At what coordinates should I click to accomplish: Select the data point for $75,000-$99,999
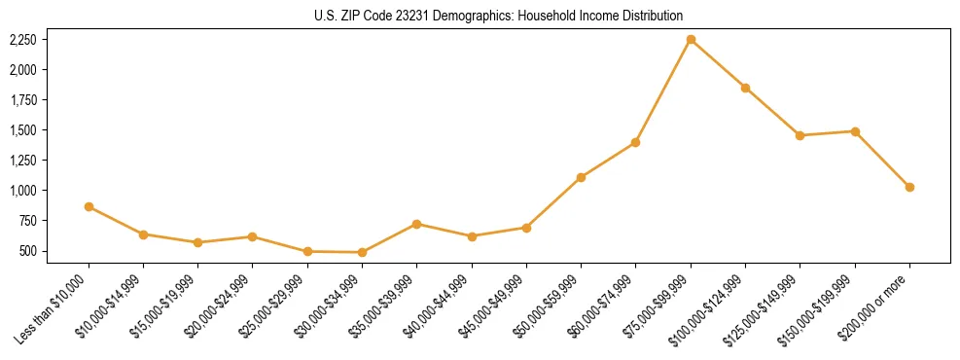[x=691, y=40]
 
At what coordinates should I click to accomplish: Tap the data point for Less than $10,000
[x=89, y=206]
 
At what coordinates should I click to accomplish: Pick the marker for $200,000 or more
[x=909, y=187]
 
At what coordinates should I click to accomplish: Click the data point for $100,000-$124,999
[x=745, y=88]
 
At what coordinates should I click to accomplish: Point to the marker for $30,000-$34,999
[x=362, y=252]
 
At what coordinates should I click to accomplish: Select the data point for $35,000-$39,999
[x=416, y=224]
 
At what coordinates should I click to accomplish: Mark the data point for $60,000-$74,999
[x=635, y=142]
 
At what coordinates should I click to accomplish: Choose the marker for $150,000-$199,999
[x=855, y=131]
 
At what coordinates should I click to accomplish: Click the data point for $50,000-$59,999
[x=581, y=177]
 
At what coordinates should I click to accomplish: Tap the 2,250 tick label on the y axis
[x=22, y=40]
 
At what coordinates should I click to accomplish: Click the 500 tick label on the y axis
[x=27, y=251]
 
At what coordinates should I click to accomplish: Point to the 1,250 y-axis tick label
[x=22, y=161]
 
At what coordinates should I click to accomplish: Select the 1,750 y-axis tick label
[x=22, y=100]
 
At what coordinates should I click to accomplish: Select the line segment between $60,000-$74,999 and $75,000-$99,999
[x=663, y=90]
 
